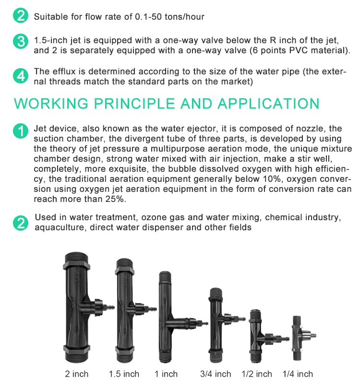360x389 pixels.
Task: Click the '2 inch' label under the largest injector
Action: coord(77,374)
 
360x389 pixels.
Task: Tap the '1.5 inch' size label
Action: coord(124,374)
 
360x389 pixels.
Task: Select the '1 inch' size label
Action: coord(166,374)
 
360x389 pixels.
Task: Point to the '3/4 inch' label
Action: coord(216,374)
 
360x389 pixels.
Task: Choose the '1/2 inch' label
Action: coord(257,374)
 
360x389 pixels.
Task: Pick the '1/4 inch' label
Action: coord(298,374)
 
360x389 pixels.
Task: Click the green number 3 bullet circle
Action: coord(21,41)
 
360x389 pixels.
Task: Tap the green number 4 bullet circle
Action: coord(21,76)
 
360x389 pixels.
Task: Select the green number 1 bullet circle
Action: coord(21,131)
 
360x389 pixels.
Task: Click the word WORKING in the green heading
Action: coord(51,104)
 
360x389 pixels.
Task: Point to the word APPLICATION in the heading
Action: coord(268,104)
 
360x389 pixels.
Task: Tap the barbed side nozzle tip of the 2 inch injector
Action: coord(111,307)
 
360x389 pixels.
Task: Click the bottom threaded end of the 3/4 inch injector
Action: coord(218,357)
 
